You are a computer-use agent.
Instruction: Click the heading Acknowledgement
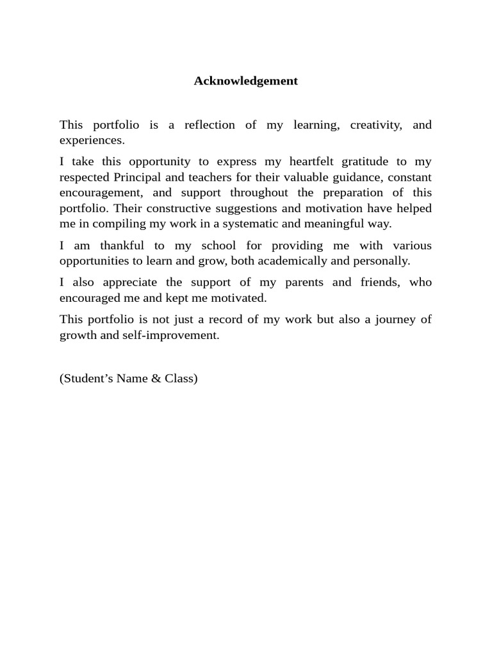246,81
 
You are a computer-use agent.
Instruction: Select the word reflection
209,125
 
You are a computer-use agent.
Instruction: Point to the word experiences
91,140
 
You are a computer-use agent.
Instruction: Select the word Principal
135,177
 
